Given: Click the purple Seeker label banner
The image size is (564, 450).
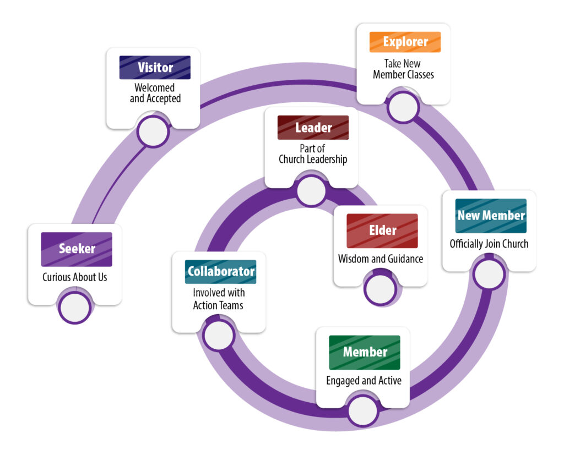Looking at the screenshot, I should pos(77,249).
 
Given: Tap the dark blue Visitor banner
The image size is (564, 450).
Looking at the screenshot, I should pos(155,68).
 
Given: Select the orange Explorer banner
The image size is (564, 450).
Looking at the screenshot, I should pos(405,42).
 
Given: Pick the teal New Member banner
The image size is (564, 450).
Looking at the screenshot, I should pos(491,216).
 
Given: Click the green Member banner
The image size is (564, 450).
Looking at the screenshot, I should pos(365,352).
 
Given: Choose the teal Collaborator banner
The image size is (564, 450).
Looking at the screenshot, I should pos(220,272).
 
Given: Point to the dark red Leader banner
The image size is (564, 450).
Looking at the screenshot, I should pos(313,128).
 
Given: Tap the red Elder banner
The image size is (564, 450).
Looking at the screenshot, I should pos(382,231).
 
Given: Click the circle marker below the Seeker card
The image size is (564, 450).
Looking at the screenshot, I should pos(75,308).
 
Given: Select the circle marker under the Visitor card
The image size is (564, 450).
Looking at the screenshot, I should pos(153,131).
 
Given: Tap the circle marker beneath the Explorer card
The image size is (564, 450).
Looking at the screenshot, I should pos(404,107).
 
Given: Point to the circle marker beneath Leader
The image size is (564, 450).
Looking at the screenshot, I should pos(312,191).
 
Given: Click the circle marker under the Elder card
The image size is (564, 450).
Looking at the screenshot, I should pos(379,288).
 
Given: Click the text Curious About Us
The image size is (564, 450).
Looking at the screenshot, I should pos(75,277).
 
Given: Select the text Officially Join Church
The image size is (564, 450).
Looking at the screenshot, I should pos(489,243).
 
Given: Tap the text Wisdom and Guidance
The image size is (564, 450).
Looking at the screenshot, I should pos(381,258).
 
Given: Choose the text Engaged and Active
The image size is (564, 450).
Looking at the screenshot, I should pos(364,380).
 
